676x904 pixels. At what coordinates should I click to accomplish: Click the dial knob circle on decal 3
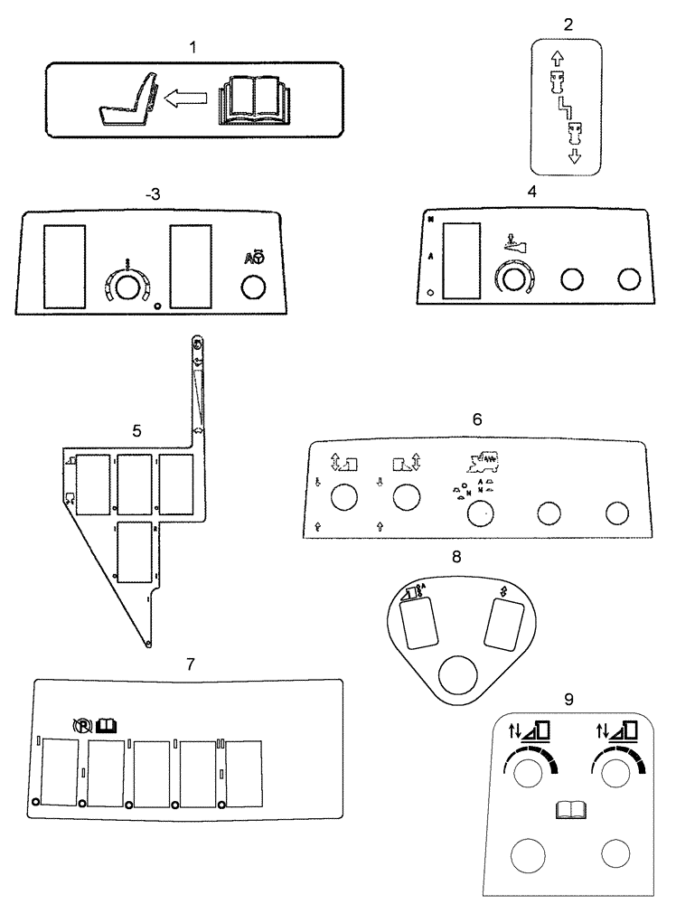pos(127,287)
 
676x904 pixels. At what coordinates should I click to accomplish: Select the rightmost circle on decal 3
pos(253,287)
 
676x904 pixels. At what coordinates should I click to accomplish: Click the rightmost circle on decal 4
pos(627,279)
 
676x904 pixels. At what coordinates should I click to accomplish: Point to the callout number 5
pos(136,431)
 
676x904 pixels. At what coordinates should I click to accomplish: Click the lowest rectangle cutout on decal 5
pos(134,551)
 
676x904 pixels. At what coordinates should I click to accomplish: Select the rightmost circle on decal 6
pos(617,513)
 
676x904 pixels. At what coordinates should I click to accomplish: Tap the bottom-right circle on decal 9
pos(616,855)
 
